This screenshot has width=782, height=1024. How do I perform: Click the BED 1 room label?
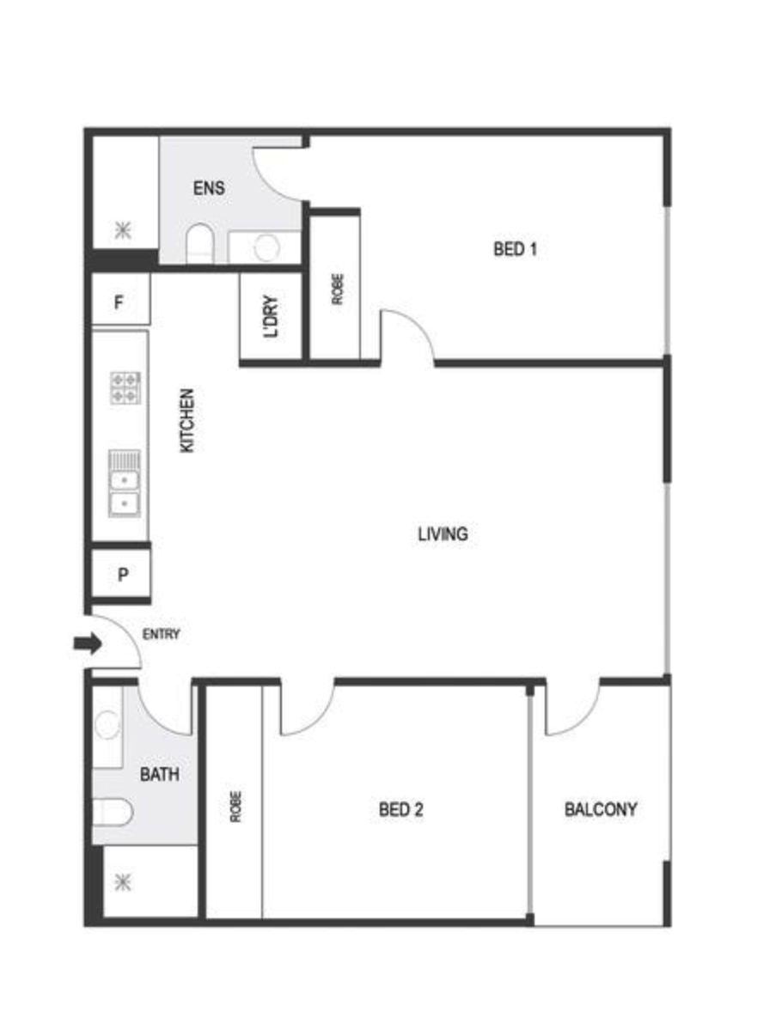coord(515,249)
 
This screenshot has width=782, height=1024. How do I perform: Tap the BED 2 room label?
coord(400,810)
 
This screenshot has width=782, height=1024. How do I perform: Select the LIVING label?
coord(443,534)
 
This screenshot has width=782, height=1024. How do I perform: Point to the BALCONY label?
coord(601,810)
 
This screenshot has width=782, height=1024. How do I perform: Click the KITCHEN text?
coord(186,421)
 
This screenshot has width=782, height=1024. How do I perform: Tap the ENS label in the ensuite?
coord(209,188)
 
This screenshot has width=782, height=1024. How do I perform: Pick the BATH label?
coord(159,775)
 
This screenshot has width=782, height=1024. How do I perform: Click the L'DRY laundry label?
coord(271,317)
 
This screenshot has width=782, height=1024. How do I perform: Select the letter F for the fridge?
coord(119,303)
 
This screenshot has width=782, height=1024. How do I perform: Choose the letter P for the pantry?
coord(123,576)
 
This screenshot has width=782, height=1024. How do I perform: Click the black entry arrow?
coord(88,643)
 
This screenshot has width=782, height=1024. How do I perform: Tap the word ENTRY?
coord(161,634)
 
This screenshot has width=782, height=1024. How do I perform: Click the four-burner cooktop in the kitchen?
coord(125,388)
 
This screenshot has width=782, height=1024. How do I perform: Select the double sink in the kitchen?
coord(124,484)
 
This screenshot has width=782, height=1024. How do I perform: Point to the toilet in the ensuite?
coord(200,243)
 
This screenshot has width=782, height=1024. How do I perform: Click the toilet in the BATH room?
coord(113,813)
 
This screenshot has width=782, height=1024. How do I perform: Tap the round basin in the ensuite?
coord(266,247)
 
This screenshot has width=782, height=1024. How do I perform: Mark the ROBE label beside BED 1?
coord(337,289)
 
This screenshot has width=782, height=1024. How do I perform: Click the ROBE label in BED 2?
coord(235,807)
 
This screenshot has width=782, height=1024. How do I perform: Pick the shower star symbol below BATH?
coord(123,883)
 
